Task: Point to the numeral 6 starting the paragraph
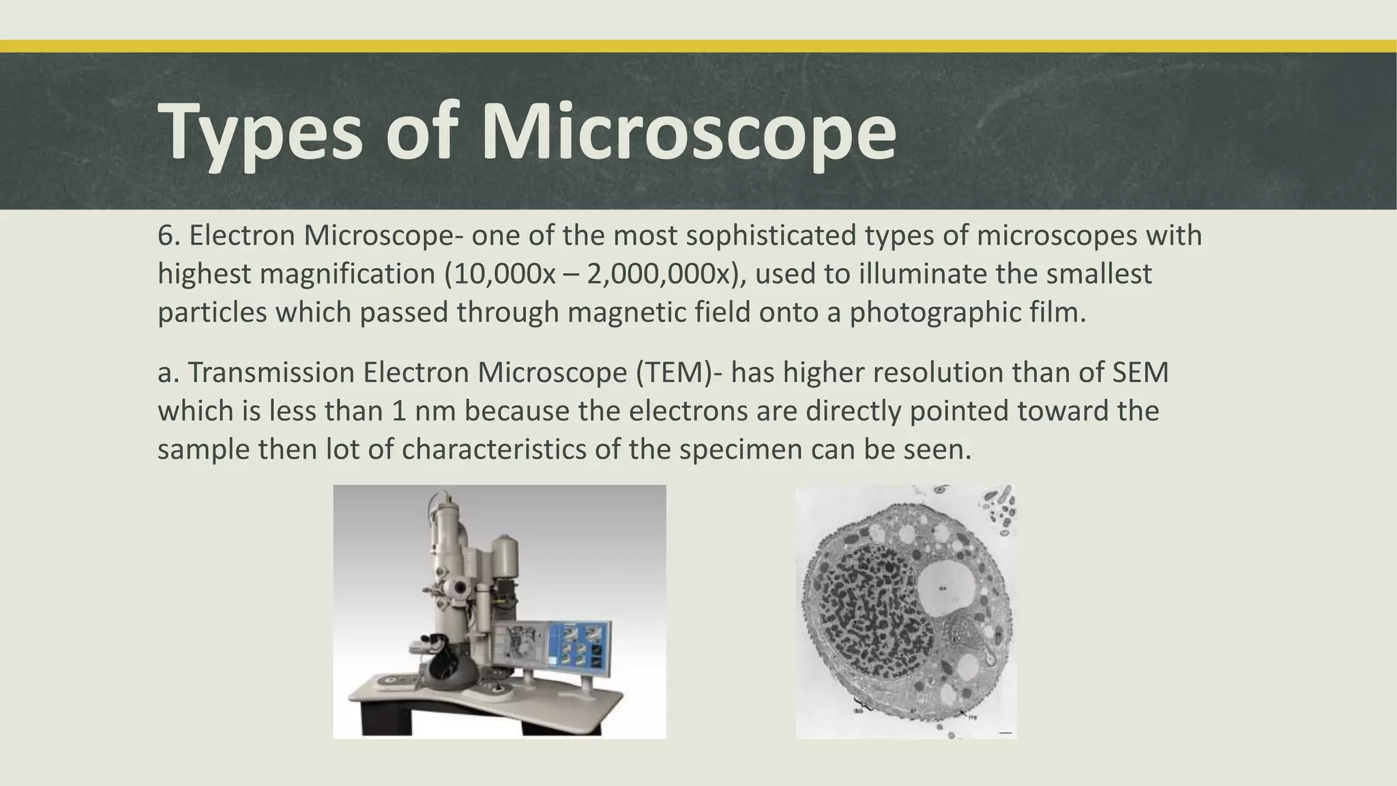pos(164,236)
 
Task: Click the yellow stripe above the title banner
pos(698,46)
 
